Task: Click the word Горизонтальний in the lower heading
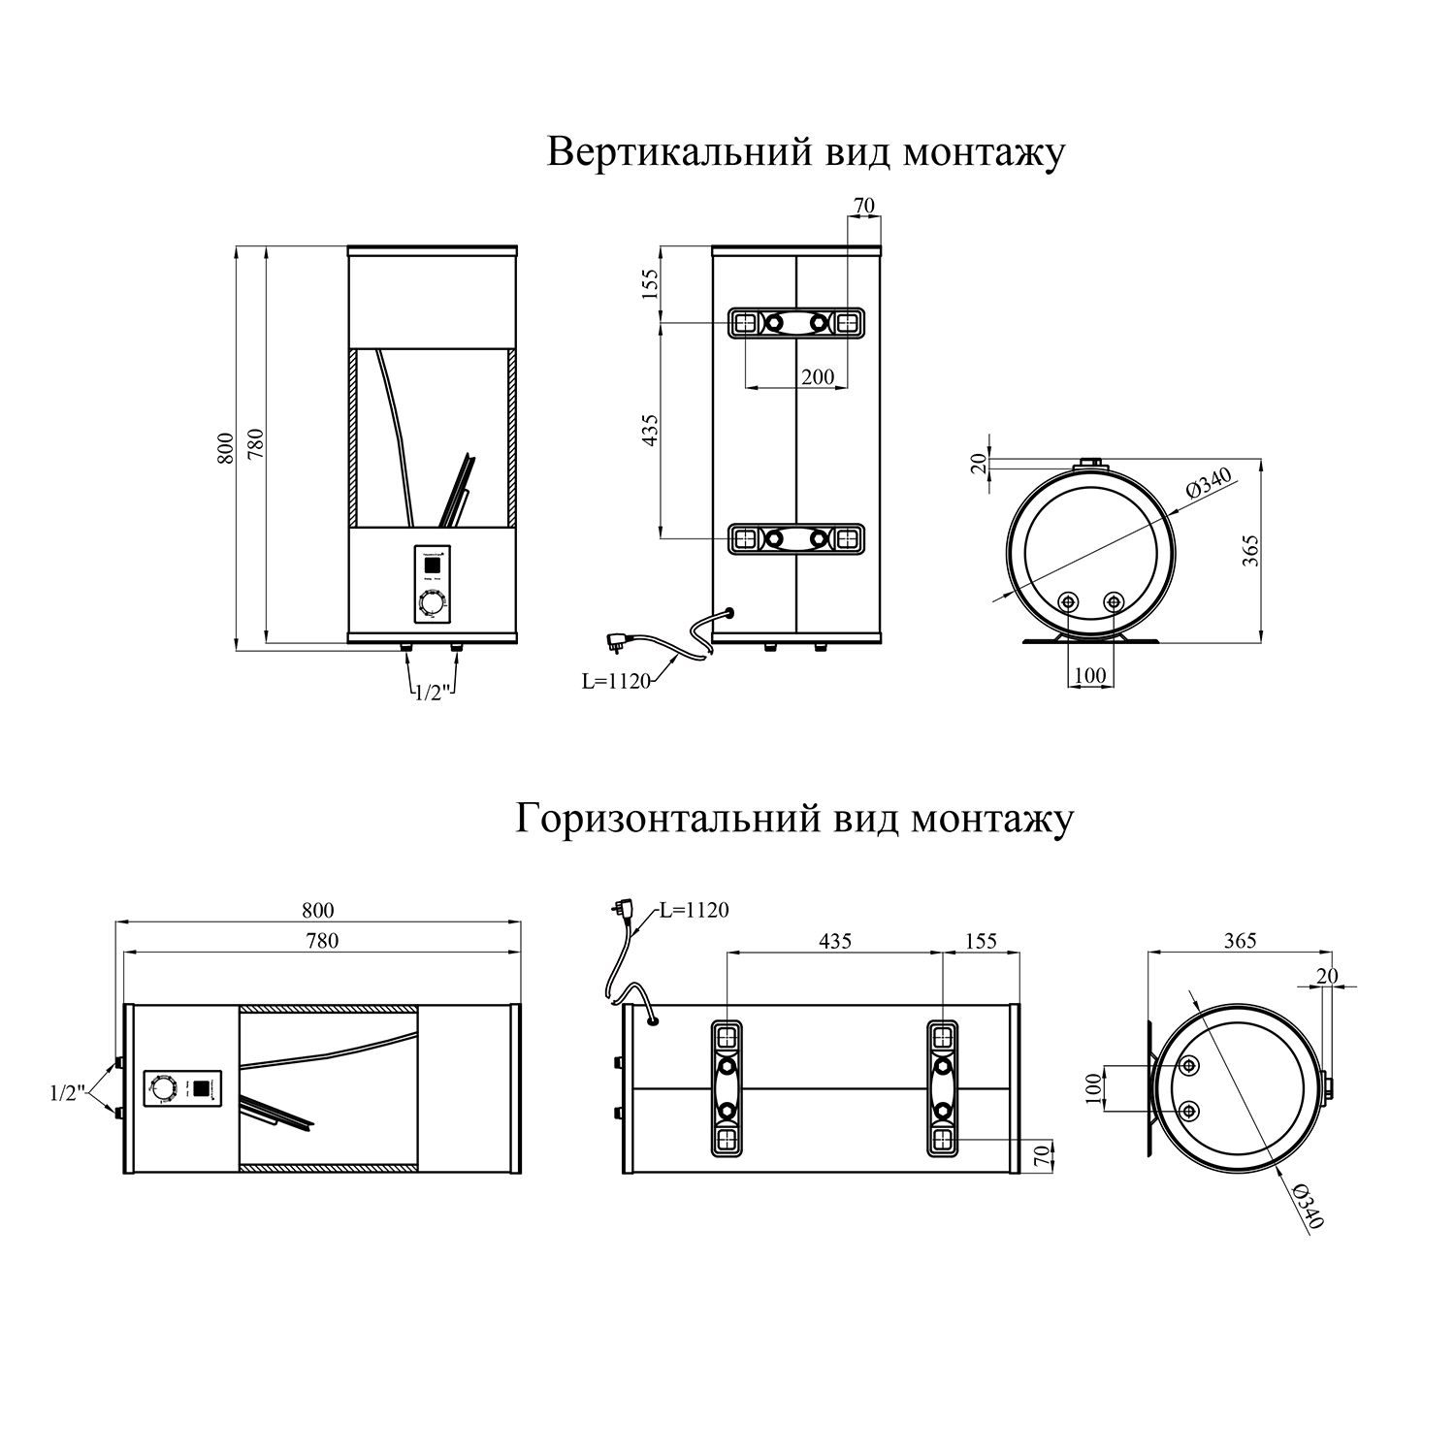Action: coord(668,819)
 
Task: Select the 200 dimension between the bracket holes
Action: coord(818,376)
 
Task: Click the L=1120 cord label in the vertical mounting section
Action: coord(615,682)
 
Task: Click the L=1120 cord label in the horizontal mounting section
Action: coord(694,910)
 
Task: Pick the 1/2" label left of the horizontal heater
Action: coord(69,1093)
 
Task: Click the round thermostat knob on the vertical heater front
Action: coord(430,606)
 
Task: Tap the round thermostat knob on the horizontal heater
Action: coord(162,1088)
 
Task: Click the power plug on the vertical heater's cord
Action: coord(619,641)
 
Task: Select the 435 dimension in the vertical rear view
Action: coord(650,430)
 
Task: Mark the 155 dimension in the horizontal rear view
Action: coord(981,941)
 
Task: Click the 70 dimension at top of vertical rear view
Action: coord(863,206)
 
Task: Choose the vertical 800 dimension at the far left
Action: coord(225,446)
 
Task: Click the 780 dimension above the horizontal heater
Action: coord(321,940)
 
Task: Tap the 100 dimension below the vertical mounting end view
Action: coord(1091,675)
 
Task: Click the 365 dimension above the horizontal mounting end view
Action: coord(1240,940)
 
